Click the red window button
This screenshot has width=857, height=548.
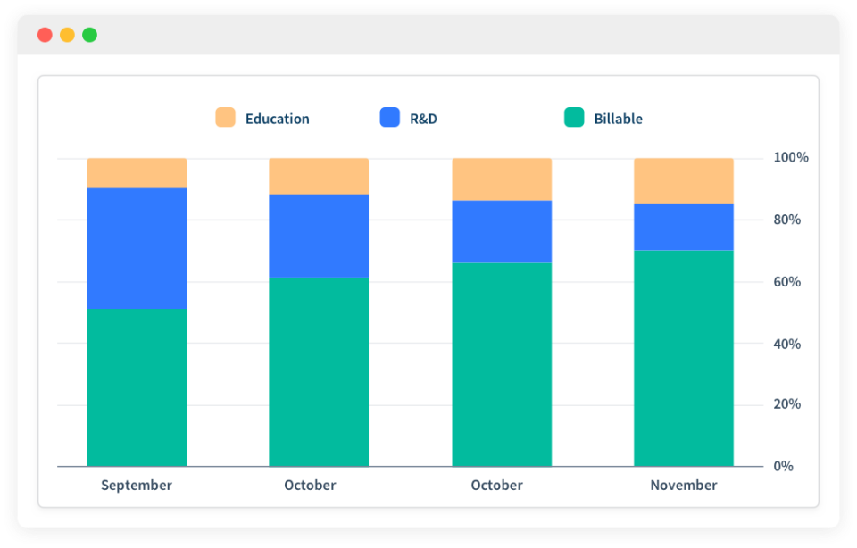click(45, 35)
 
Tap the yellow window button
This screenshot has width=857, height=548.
click(67, 35)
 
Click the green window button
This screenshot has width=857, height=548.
click(89, 35)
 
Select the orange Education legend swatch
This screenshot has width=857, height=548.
click(225, 117)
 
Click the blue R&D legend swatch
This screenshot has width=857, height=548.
click(390, 117)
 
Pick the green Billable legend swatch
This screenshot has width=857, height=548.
click(574, 117)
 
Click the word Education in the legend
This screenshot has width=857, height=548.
click(277, 119)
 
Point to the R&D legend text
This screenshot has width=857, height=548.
click(423, 119)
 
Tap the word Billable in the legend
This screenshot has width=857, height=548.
click(618, 119)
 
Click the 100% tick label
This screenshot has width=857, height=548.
click(791, 157)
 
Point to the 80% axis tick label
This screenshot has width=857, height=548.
click(787, 220)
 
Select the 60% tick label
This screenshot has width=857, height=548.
click(787, 282)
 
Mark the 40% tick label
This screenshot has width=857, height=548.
click(787, 345)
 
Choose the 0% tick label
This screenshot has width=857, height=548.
click(783, 466)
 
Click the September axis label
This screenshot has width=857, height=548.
click(137, 486)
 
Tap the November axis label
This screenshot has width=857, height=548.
click(684, 486)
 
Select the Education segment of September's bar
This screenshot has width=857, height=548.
click(137, 173)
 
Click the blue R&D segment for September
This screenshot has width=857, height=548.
click(137, 249)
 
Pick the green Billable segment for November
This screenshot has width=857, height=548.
click(684, 359)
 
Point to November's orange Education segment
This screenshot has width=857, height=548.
click(684, 181)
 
